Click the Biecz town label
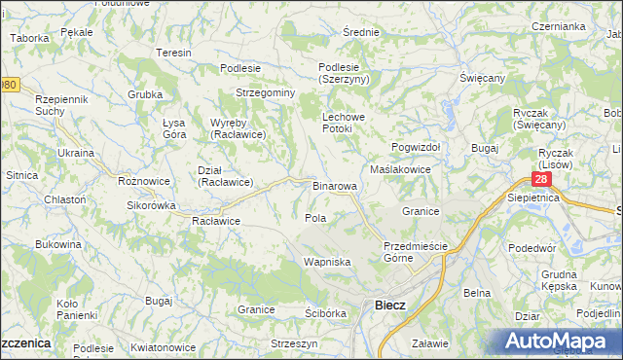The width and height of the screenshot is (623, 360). pos(390,306)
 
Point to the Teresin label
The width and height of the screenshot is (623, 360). pos(173,53)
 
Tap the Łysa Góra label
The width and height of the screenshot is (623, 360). pos(174,127)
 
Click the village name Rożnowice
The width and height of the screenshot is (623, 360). pos(144,181)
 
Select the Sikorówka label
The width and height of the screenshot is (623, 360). pos(151,205)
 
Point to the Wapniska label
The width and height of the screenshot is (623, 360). pos(325,263)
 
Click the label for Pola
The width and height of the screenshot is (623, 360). pos(314,218)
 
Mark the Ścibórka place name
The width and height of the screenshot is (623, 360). pos(325,312)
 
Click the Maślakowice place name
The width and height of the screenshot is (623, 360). pos(400,168)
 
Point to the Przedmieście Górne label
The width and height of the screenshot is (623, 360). pos(415,252)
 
